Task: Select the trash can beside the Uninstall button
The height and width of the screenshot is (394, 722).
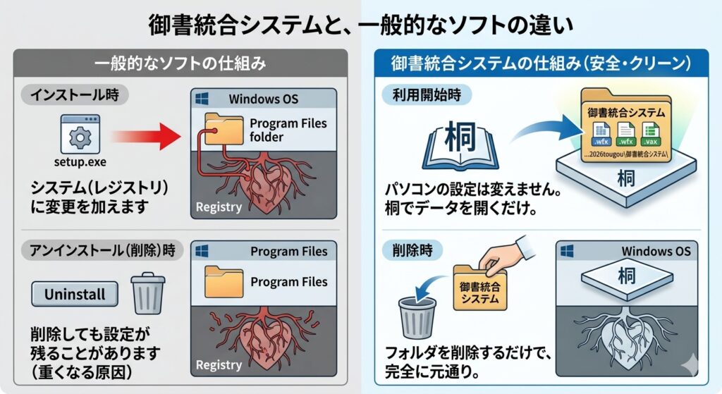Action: (x=147, y=293)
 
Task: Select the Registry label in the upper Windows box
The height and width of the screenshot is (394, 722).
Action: (x=218, y=207)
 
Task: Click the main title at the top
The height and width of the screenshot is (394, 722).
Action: (x=360, y=25)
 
